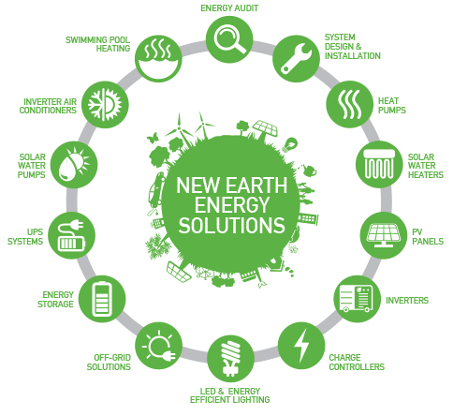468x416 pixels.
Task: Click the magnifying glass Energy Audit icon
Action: pos(229,39)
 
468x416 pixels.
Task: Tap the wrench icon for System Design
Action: pos(296,59)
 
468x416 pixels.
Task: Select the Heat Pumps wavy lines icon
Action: pos(349,104)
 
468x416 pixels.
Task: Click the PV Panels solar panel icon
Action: pos(384,235)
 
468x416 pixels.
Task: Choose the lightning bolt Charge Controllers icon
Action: pos(301,346)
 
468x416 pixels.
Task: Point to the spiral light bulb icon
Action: pos(230,359)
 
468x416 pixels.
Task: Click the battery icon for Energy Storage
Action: pos(102,299)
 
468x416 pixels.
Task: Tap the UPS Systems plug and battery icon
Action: pos(71,235)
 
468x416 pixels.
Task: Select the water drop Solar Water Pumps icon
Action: pos(74,165)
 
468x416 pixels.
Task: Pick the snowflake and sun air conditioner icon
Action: pos(105,105)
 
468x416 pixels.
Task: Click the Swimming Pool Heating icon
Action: pos(158,59)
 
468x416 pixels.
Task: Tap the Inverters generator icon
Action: pos(357,299)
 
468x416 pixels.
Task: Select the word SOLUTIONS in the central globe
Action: pos(232,225)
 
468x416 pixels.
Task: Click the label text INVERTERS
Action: pos(407,301)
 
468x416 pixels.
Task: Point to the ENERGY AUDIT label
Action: pos(229,8)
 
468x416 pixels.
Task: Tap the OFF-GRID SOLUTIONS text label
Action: pos(109,362)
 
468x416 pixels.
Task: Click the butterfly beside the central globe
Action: pos(153,138)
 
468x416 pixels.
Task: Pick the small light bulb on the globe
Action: pos(289,144)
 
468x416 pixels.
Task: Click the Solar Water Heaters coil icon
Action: pos(379,164)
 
